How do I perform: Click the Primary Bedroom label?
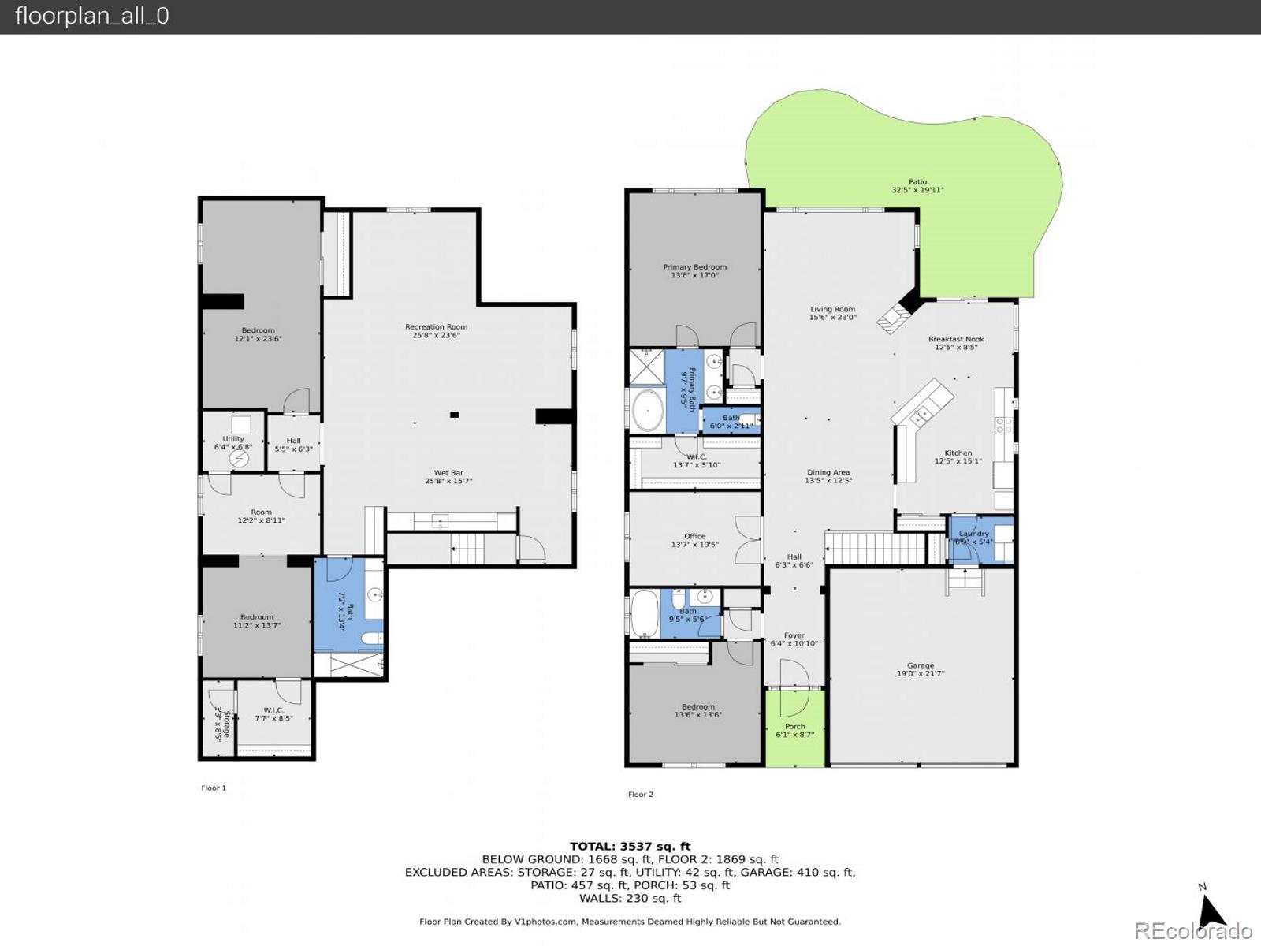click(694, 271)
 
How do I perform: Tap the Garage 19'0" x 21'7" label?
click(920, 669)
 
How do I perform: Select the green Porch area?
click(795, 729)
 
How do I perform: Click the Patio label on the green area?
click(917, 185)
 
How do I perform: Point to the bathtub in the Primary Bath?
click(648, 410)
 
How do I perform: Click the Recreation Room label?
click(436, 330)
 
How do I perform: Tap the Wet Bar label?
click(448, 477)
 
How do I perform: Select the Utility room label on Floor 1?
click(233, 442)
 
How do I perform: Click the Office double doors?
click(748, 540)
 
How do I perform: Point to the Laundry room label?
click(973, 538)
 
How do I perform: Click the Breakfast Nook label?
click(955, 343)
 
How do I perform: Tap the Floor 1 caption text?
click(214, 788)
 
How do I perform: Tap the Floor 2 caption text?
click(640, 794)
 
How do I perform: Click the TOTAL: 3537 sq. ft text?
click(630, 847)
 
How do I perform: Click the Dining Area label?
click(828, 476)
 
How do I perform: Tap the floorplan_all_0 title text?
click(92, 17)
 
